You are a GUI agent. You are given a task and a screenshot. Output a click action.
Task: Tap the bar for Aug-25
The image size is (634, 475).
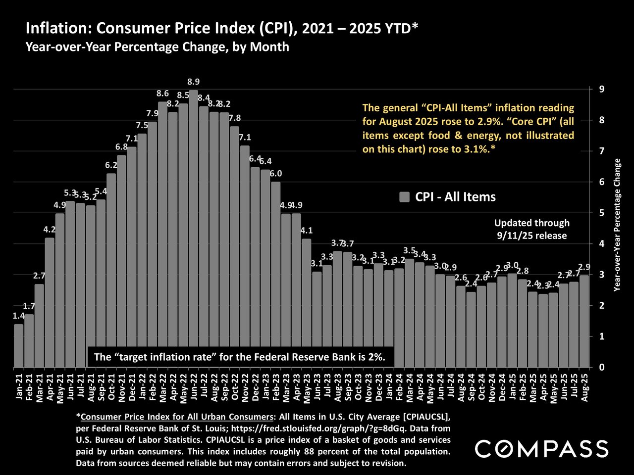(584, 321)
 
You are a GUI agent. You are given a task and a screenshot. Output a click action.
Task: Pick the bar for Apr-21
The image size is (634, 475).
(50, 302)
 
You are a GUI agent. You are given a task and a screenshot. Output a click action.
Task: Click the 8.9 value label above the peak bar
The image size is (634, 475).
(194, 82)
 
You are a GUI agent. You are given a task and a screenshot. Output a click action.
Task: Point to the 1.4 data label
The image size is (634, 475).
(18, 316)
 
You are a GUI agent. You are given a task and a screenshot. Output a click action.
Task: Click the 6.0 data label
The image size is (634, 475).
(276, 173)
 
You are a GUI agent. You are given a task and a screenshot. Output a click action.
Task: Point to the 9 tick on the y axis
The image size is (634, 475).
(601, 90)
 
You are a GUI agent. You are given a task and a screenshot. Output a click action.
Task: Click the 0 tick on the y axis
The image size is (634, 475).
(601, 368)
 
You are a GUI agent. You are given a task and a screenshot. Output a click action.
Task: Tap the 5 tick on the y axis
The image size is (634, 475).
(601, 213)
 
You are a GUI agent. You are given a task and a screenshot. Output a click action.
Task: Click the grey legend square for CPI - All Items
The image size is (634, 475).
(404, 197)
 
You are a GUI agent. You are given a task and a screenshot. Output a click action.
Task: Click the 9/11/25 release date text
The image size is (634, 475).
(532, 236)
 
